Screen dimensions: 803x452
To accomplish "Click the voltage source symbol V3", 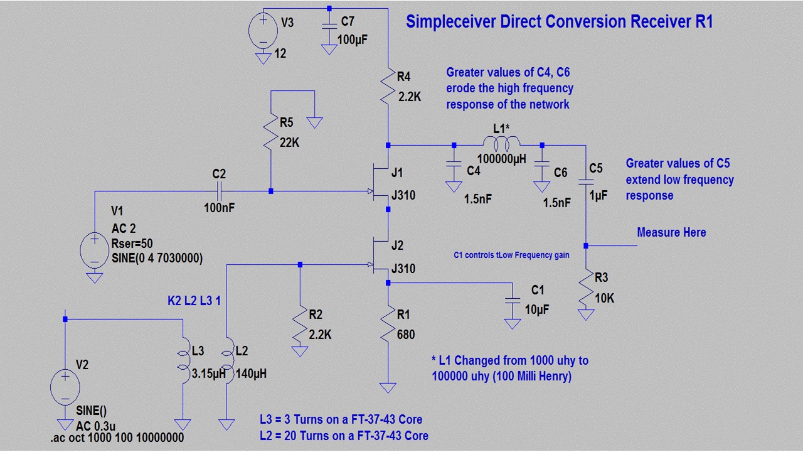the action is point(263,31).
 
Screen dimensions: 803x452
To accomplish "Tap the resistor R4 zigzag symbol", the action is point(388,86).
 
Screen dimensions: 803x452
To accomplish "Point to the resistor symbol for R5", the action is point(271,132).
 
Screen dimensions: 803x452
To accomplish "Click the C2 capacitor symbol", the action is point(220,191).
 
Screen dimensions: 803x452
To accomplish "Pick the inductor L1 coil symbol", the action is point(501,143).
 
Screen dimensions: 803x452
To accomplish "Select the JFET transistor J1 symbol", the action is point(380,183).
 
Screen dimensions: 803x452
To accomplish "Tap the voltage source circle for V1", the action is point(94,250).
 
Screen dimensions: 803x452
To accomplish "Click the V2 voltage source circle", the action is point(65,387).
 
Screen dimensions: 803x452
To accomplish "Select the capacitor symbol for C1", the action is point(513,301).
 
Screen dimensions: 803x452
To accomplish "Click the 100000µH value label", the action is point(501,159).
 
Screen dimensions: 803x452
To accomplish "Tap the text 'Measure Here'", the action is point(671,232).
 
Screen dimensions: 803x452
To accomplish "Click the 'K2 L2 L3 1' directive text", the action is point(194,301).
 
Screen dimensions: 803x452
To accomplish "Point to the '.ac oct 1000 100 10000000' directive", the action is point(117,438).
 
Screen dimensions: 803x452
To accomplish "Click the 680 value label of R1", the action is point(406,335).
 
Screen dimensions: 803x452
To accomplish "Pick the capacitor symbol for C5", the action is point(586,182).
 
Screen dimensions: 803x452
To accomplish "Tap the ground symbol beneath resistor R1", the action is point(388,387).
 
